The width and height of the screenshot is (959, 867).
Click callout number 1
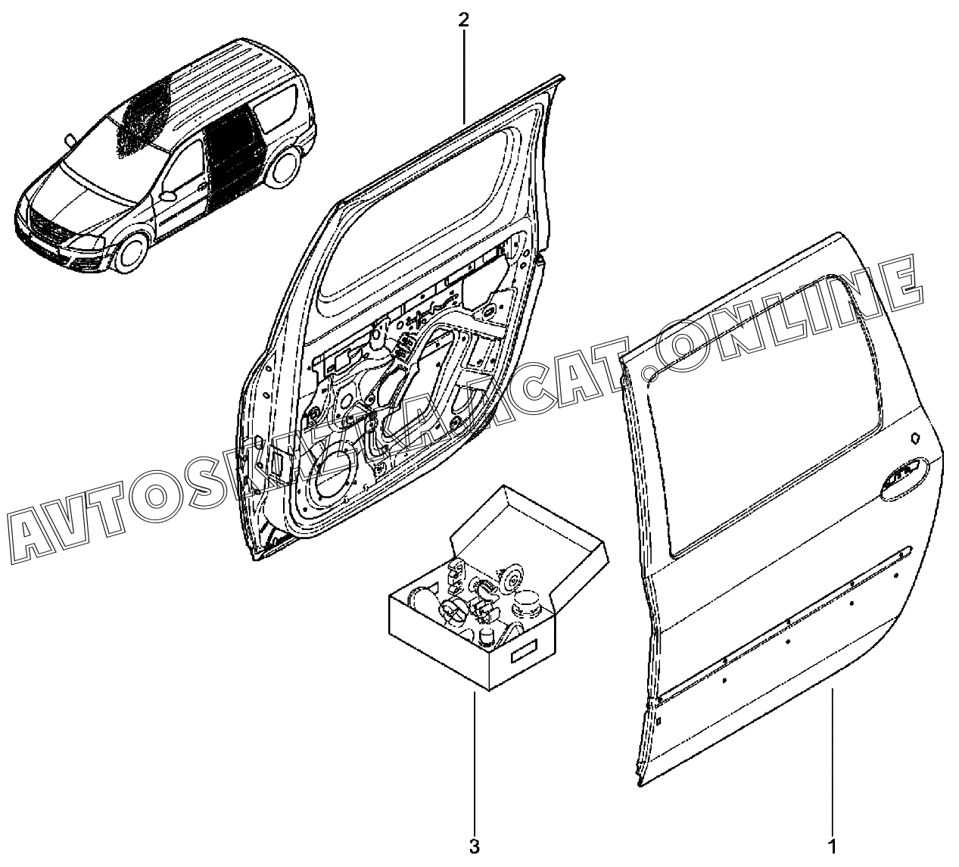[832, 845]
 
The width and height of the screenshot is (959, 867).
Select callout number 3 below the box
[475, 845]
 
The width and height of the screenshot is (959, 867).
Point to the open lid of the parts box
[530, 522]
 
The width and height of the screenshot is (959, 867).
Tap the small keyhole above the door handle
[914, 438]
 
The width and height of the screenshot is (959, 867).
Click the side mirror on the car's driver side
[70, 139]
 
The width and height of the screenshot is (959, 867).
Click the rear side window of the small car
[276, 106]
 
